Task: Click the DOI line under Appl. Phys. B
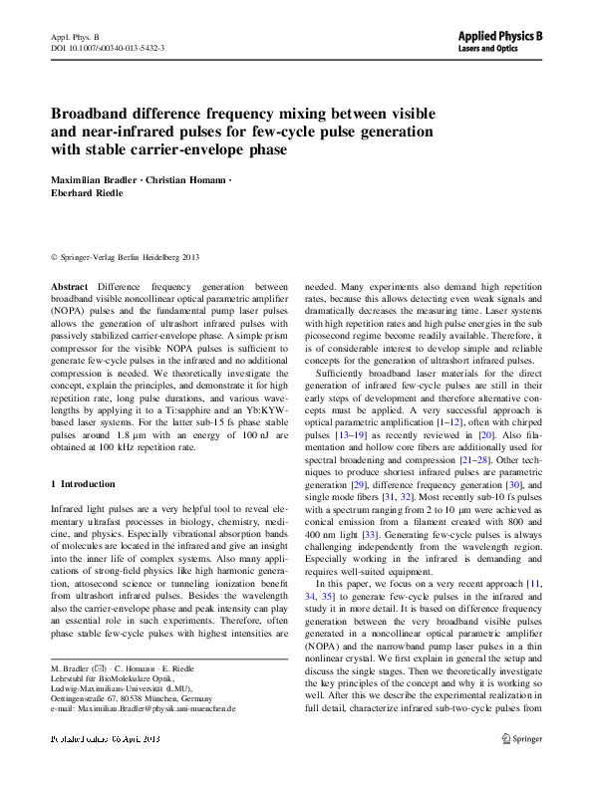point(108,48)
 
